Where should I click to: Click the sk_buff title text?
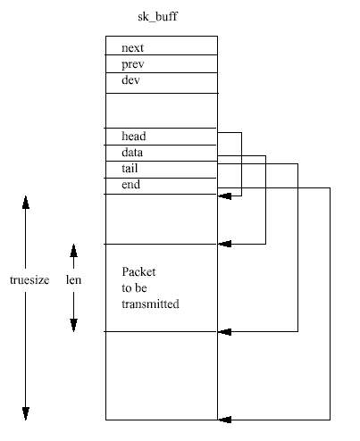pyautogui.click(x=157, y=17)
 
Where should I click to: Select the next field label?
pyautogui.click(x=132, y=47)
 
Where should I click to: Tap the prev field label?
pyautogui.click(x=133, y=64)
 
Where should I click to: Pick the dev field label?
pyautogui.click(x=130, y=79)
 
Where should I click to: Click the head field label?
pyautogui.click(x=134, y=136)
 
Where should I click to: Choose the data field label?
pyautogui.click(x=132, y=153)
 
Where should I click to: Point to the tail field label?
pyautogui.click(x=130, y=169)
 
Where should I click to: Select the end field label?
pyautogui.click(x=130, y=185)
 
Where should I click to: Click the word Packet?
pyautogui.click(x=138, y=271)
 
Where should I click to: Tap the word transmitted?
pyautogui.click(x=150, y=304)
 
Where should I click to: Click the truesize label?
pyautogui.click(x=29, y=280)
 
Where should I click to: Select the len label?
pyautogui.click(x=73, y=279)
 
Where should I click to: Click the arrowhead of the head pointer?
pyautogui.click(x=224, y=196)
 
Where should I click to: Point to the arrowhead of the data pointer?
pyautogui.click(x=224, y=244)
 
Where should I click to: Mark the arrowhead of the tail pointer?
pyautogui.click(x=224, y=331)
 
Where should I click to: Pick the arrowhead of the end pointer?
pyautogui.click(x=224, y=420)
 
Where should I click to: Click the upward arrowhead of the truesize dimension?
pyautogui.click(x=26, y=203)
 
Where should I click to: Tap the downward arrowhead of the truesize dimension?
pyautogui.click(x=26, y=413)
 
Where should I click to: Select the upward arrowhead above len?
pyautogui.click(x=73, y=251)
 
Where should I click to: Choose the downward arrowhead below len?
pyautogui.click(x=73, y=325)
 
